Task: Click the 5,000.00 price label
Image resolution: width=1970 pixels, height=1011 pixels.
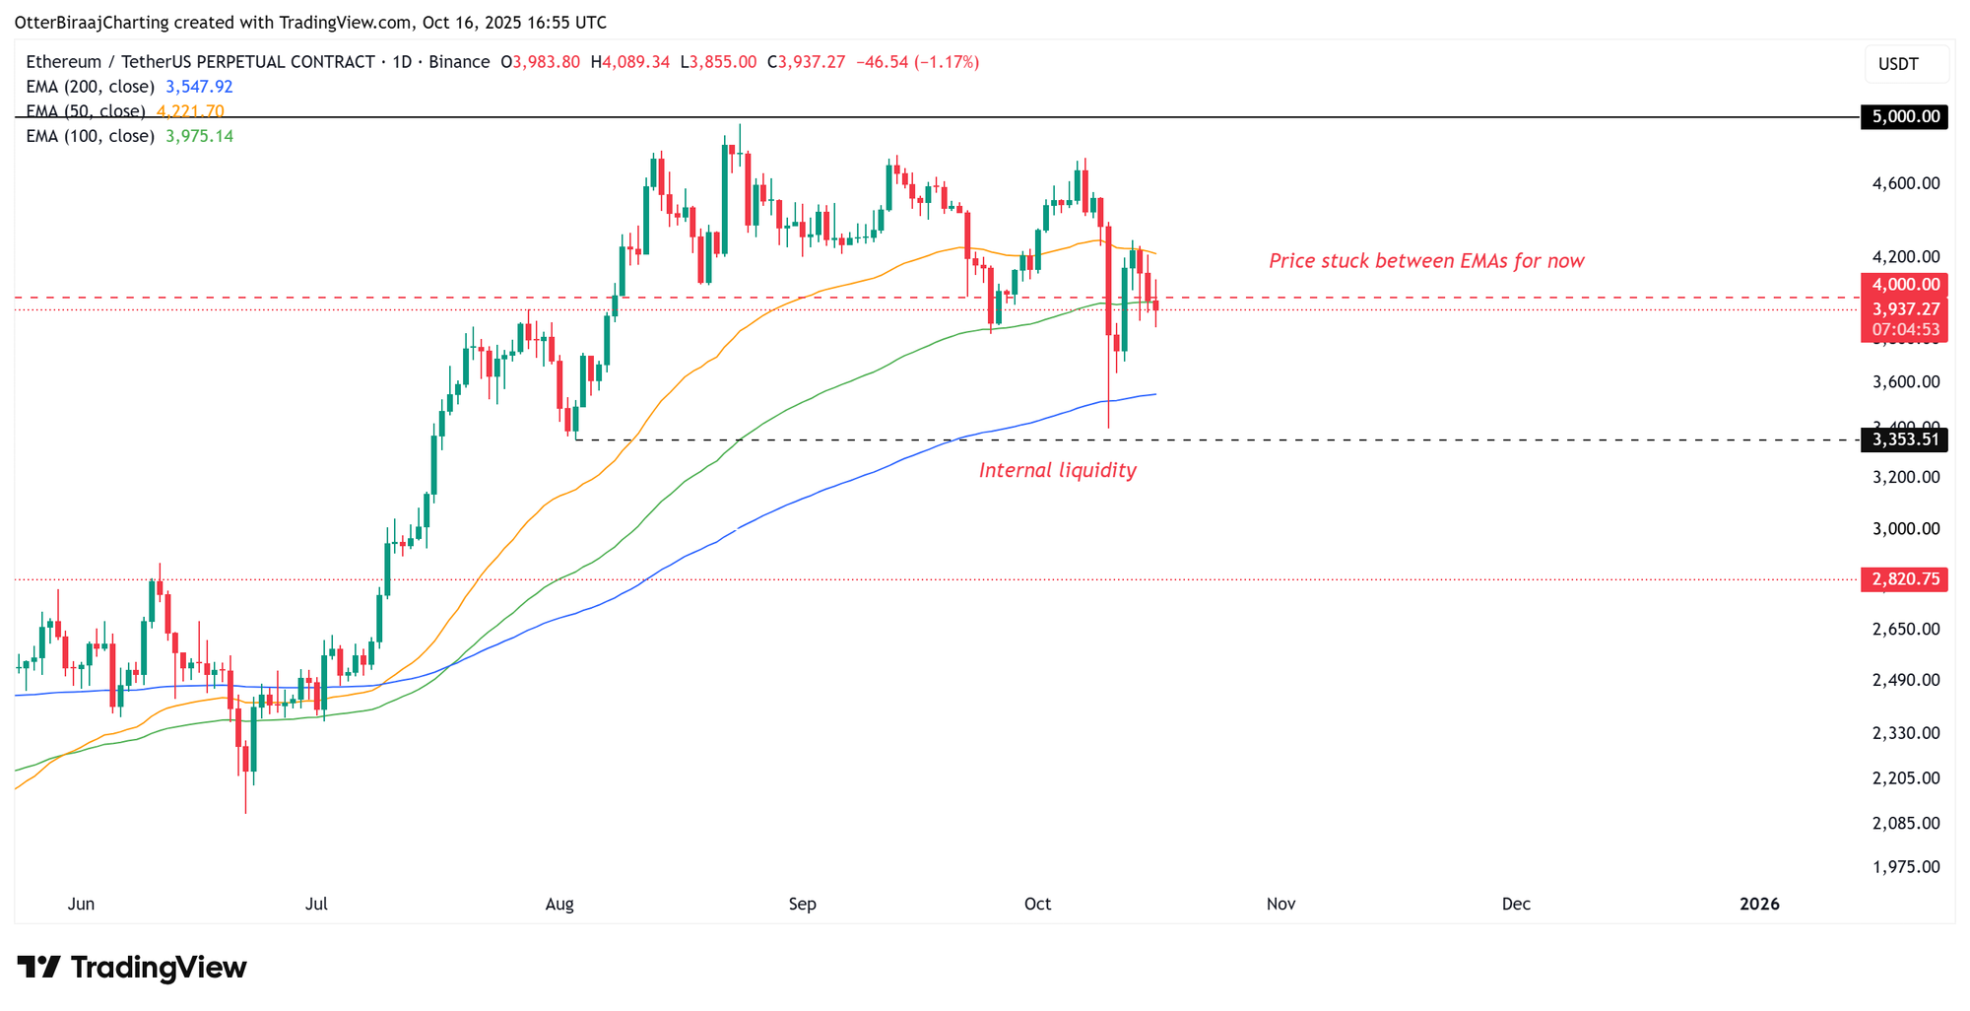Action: pos(1905,117)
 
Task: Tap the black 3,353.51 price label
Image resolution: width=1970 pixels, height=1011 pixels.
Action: pos(1905,439)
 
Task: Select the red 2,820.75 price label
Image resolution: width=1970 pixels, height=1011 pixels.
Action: pos(1905,579)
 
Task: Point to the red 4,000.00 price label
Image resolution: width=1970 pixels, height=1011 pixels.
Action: pos(1905,285)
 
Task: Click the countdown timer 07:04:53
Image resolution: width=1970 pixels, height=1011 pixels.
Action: pos(1905,330)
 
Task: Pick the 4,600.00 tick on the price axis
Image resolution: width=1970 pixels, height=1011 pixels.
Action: pos(1905,183)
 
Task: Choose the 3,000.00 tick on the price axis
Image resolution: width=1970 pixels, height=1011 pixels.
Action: pos(1905,529)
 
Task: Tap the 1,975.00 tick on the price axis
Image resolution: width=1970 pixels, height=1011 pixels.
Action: pos(1905,867)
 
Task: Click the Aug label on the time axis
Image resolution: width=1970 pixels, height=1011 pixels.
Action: pos(559,905)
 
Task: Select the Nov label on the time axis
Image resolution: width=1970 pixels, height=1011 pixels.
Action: pos(1280,905)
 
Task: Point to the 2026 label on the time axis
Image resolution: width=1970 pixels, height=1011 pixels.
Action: pos(1759,905)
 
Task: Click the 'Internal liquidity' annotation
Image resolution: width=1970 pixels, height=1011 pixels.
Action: pos(1057,471)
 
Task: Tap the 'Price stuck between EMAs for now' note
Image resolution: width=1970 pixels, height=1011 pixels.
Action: pos(1426,261)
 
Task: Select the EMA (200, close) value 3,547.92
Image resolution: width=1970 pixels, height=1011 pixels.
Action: pos(199,87)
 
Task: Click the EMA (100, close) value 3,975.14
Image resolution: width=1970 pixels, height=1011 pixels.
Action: pos(199,136)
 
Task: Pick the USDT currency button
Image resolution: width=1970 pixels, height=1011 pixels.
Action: pos(1898,64)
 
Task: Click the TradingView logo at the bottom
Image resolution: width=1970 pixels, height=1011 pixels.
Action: pos(132,968)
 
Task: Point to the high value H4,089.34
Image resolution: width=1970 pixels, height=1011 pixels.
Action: pos(630,62)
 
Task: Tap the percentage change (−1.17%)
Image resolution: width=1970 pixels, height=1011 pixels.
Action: pos(947,62)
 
